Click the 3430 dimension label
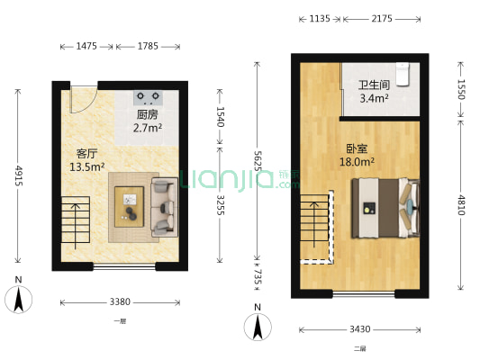[x=359, y=330]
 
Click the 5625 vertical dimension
[x=258, y=162]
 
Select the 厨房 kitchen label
[x=148, y=115]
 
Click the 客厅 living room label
[x=87, y=153]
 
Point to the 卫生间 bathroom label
[x=373, y=86]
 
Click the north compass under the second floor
[x=258, y=325]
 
